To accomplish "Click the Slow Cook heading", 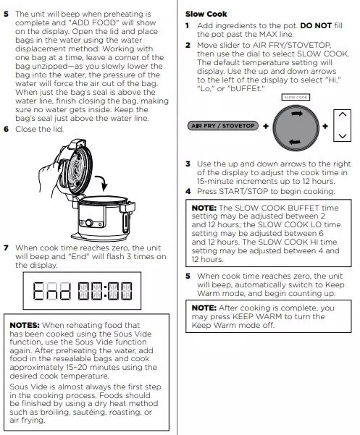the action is tap(206, 14).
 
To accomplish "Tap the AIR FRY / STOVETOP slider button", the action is tap(223, 126).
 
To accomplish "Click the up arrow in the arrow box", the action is tap(343, 114).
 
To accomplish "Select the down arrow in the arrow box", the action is tap(343, 136).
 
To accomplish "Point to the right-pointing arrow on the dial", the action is tap(297, 114).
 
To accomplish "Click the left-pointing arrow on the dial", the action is tap(295, 142).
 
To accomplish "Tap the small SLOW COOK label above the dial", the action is tap(296, 98).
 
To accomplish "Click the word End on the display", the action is tap(51, 291).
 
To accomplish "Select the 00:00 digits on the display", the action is tap(105, 291).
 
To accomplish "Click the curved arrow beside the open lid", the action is tap(103, 182).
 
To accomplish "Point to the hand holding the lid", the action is tap(49, 177).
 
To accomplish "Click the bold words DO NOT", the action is tap(316, 26).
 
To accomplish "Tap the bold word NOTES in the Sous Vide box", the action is tap(25, 325).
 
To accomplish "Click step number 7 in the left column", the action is tap(7, 248).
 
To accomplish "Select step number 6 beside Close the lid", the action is tap(7, 129).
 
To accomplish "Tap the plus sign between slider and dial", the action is tap(266, 126).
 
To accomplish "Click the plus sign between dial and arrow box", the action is tap(325, 126).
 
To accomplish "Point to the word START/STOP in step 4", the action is tap(243, 191).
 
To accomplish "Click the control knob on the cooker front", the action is tap(89, 222).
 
